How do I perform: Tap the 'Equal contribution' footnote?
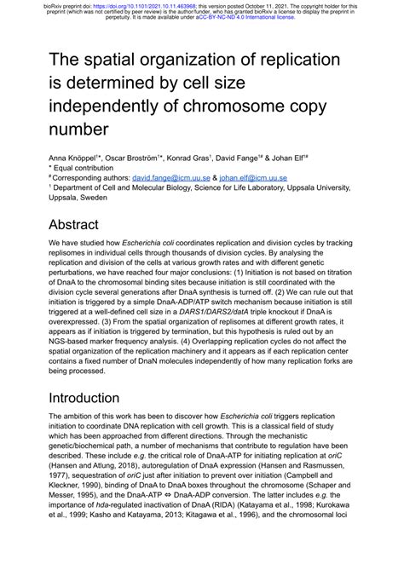point(88,168)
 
